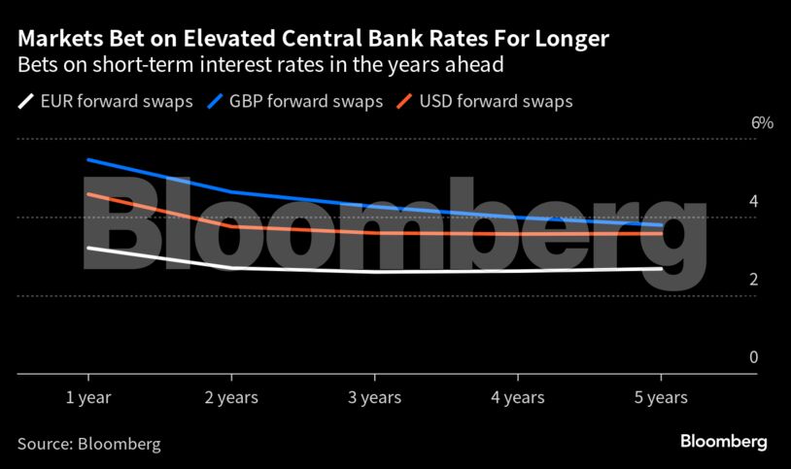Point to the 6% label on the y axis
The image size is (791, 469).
pos(735,123)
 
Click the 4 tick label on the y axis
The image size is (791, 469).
pos(753,201)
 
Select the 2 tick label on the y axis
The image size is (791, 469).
pos(753,280)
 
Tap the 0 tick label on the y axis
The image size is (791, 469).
pos(753,357)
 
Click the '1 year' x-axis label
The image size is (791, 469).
pos(87,397)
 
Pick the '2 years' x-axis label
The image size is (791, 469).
pos(230,397)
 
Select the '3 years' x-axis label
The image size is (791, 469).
pos(374,397)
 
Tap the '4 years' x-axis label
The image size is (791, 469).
pos(517,397)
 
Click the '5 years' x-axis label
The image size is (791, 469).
pos(661,397)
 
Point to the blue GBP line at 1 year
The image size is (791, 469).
pos(88,159)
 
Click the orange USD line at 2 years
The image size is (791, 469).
pos(231,227)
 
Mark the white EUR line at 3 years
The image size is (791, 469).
pos(374,272)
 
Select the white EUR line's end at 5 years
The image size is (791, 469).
pos(661,269)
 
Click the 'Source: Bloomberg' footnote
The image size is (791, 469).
pos(88,444)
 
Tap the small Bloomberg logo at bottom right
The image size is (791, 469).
pos(723,442)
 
